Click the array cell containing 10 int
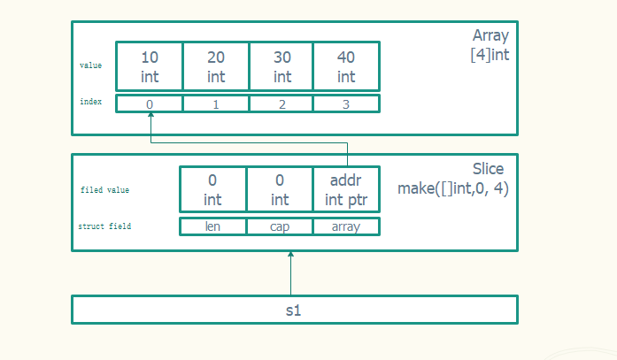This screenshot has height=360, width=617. coord(149,66)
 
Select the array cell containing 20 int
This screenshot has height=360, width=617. coord(216,66)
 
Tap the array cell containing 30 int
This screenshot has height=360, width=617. coord(282,66)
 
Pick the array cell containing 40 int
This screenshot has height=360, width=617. coord(346,66)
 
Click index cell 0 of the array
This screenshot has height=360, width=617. coord(149,103)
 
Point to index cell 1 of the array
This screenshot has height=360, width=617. coord(216,103)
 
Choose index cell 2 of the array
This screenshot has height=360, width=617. coord(282,103)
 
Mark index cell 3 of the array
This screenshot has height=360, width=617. coord(346,103)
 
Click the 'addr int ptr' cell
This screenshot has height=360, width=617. coord(346,189)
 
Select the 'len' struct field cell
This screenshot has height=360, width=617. coord(212,226)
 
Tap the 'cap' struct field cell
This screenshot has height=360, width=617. coord(280,226)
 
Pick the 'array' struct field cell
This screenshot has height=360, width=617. coord(346,226)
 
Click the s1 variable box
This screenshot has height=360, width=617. coord(294,310)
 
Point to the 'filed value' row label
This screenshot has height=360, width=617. coord(104,190)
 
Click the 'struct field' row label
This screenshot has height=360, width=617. coord(104,226)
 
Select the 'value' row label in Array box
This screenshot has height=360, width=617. coord(90,65)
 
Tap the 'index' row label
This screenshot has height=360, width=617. coord(90,102)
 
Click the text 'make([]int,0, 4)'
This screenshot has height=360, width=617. coord(452,188)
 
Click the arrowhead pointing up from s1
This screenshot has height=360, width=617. coord(290,256)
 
